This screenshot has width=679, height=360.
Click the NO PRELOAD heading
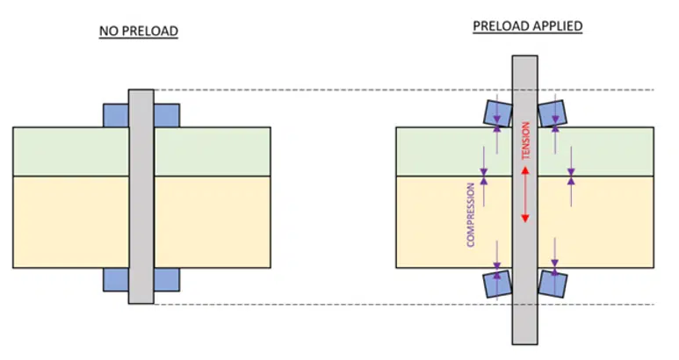pos(139,32)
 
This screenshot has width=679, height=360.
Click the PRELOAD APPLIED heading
pos(527,26)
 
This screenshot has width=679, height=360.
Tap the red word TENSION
pos(525,140)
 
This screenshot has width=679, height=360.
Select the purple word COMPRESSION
pos(471,214)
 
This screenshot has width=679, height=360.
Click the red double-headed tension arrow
pos(525,195)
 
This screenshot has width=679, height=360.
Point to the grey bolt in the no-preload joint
pos(141,197)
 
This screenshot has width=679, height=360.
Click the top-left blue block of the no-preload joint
pos(116,116)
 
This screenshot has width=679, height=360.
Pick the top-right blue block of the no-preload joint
pos(167,116)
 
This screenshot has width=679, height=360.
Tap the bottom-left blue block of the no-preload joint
pos(116,279)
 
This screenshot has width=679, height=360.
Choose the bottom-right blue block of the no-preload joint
pos(167,279)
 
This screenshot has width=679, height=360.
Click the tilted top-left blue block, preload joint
pos(497,113)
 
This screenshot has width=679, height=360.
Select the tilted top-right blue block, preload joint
pos(553,113)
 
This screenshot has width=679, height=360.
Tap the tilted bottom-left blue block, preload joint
pos(497,284)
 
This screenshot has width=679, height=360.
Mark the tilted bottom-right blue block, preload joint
pos(553,284)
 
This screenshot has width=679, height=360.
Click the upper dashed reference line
pos(404,90)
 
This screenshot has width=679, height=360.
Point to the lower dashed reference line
pos(404,304)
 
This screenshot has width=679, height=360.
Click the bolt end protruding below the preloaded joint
pos(525,321)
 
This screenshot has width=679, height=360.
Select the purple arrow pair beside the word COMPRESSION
pos(484,176)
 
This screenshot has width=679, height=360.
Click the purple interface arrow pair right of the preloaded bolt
pos(571,176)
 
